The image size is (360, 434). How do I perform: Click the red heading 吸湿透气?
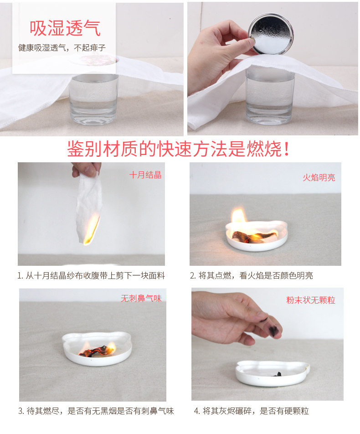65,28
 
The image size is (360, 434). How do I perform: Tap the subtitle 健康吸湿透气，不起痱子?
62,48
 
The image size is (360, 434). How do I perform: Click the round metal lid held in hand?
270,34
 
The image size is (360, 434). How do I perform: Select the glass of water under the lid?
269,95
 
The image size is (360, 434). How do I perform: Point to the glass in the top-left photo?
93,99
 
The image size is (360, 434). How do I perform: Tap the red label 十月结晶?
145,175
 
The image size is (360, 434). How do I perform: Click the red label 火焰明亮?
319,177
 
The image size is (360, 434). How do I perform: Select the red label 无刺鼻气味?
141,298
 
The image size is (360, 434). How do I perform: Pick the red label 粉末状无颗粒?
311,300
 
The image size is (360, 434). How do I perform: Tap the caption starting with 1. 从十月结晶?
91,276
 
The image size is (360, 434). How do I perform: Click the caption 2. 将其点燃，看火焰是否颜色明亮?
251,276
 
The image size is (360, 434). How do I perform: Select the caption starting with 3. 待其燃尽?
96,411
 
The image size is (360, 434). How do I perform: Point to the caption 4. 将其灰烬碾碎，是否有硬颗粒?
251,411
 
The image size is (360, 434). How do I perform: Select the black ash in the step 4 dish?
278,374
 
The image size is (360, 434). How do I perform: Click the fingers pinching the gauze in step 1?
87,169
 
